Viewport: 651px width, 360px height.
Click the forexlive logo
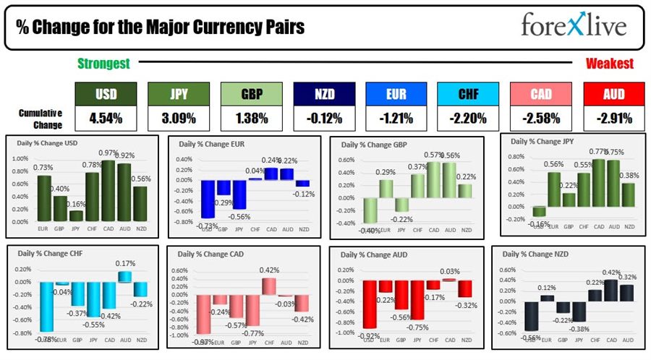(x=574, y=27)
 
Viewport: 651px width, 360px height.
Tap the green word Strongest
(x=103, y=64)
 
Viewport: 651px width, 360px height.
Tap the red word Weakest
(x=609, y=64)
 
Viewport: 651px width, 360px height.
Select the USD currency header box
(x=106, y=93)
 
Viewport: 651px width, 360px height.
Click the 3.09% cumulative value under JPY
(x=179, y=118)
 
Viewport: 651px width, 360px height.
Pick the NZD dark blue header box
(x=323, y=93)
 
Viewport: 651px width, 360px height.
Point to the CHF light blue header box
(x=468, y=93)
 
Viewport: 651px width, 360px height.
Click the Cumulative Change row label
(x=40, y=118)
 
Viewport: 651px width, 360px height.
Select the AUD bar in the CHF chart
(x=124, y=276)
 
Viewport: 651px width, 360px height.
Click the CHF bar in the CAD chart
(x=269, y=286)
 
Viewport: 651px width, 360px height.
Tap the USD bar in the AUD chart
(x=370, y=304)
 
